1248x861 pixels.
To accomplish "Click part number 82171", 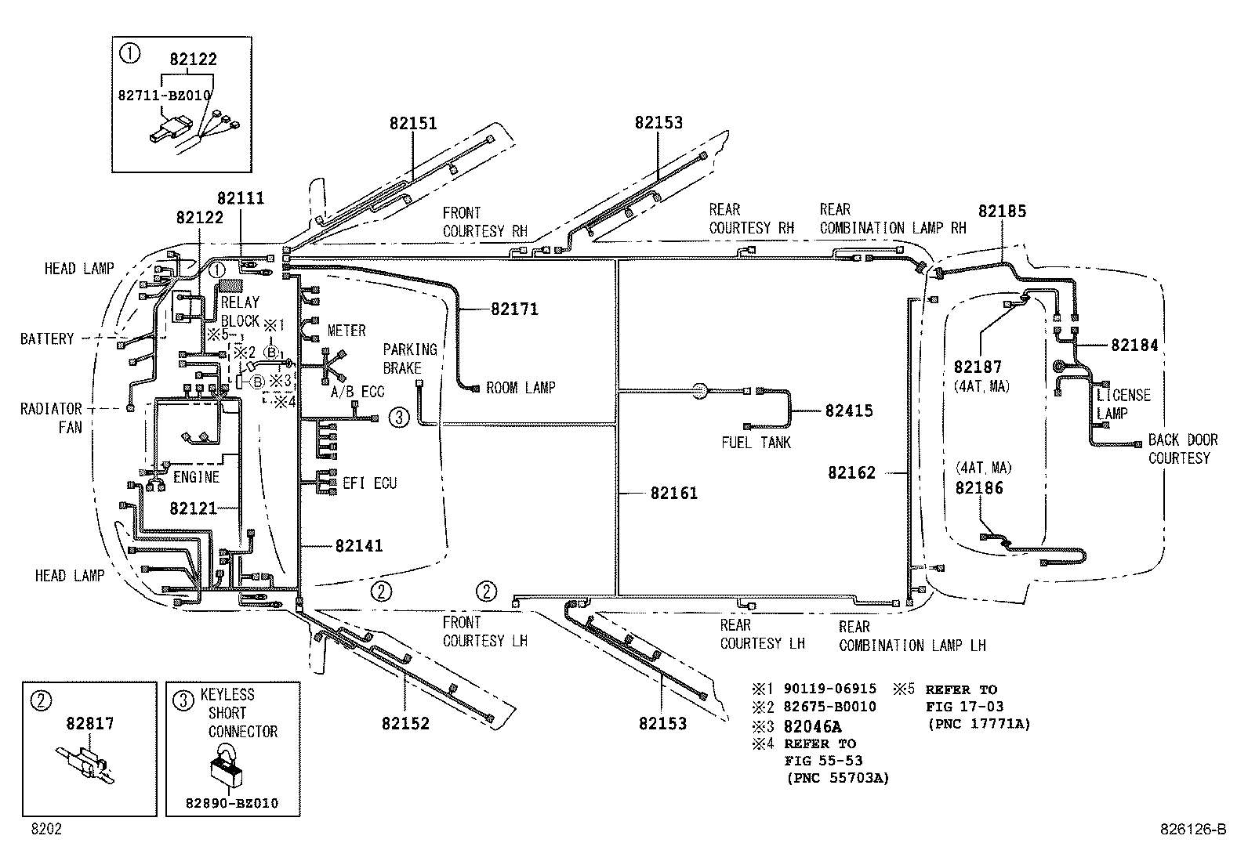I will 514,309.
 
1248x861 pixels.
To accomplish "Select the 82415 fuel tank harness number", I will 848,411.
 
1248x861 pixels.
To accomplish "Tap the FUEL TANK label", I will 756,443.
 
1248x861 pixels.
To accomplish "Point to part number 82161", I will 673,493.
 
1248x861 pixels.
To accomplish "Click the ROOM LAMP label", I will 521,388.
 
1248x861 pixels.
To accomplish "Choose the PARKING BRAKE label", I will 409,359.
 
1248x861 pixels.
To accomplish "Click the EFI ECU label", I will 369,483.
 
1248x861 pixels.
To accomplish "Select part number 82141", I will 358,545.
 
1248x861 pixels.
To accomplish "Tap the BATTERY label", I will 47,339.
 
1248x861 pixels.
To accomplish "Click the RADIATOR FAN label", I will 51,418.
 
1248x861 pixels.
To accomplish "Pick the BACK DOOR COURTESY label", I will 1182,449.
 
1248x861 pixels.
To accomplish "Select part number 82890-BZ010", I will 232,804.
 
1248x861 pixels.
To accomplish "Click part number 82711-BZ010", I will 164,95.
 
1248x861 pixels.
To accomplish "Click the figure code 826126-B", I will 1193,830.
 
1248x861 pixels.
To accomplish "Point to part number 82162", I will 851,473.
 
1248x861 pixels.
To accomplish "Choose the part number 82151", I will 413,123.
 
